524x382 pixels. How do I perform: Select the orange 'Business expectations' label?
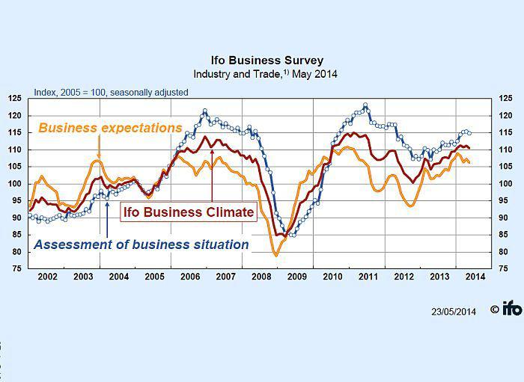tap(110, 128)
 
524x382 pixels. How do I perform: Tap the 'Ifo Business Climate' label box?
tap(188, 212)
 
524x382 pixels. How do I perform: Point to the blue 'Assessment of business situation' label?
tap(141, 244)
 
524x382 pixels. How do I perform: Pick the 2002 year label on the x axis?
tap(47, 277)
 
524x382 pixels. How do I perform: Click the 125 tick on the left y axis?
tap(16, 99)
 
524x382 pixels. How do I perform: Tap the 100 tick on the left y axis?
tap(16, 184)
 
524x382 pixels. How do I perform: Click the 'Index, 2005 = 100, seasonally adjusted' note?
tap(111, 93)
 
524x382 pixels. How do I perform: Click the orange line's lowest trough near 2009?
tap(275, 256)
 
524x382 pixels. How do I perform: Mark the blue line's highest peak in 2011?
tap(365, 105)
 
